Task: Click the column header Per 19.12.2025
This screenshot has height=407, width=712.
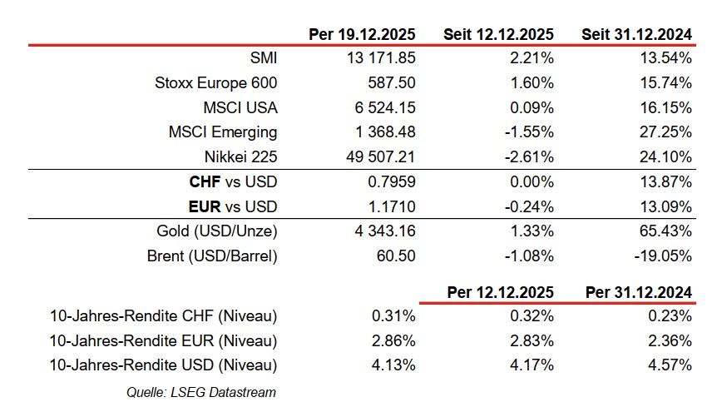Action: tap(362, 34)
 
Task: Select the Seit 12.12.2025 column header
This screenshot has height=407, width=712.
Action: tap(499, 34)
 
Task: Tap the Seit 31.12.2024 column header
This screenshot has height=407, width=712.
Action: tap(636, 34)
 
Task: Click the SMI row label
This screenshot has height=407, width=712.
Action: tap(264, 58)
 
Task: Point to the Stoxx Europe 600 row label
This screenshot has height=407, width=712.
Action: tap(216, 83)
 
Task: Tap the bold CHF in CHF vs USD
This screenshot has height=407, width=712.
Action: tap(205, 182)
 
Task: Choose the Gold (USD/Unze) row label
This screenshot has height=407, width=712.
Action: tap(217, 231)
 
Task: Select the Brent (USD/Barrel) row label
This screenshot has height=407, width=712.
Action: tap(212, 256)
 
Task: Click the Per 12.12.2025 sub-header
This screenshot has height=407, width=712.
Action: tap(499, 292)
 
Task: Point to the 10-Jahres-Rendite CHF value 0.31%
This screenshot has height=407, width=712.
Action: tap(396, 315)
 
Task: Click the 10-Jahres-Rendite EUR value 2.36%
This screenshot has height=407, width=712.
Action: tap(671, 340)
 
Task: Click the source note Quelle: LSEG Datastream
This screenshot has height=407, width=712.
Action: tap(200, 392)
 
